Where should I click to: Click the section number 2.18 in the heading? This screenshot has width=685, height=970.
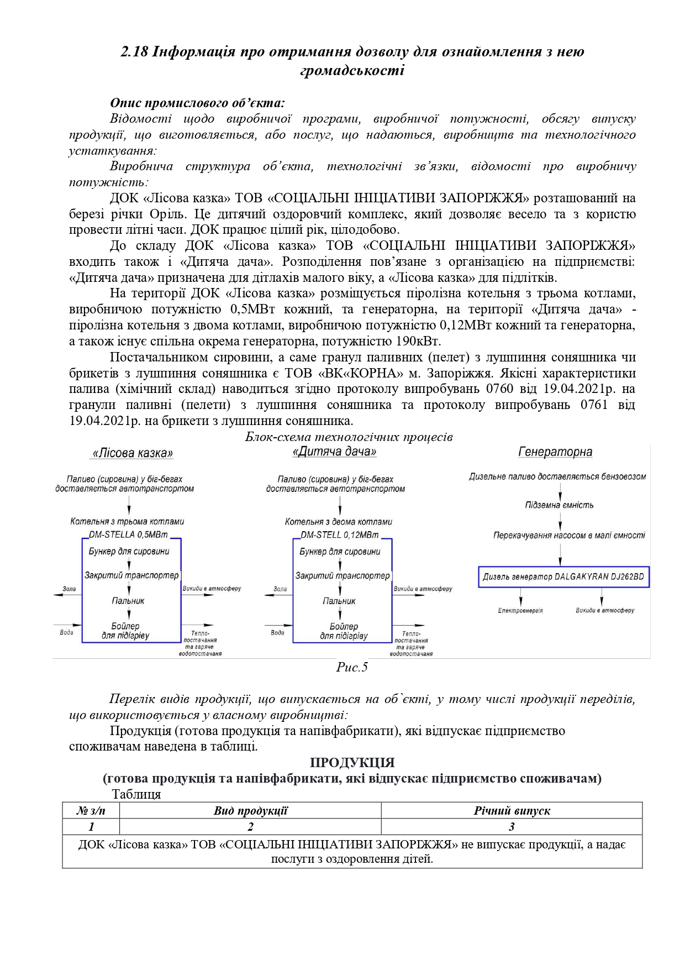pyautogui.click(x=134, y=52)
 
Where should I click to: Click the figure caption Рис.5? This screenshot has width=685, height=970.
pyautogui.click(x=352, y=667)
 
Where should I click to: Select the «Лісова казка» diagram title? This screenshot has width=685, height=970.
pyautogui.click(x=132, y=453)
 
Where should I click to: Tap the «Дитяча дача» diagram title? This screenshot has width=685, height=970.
pyautogui.click(x=334, y=452)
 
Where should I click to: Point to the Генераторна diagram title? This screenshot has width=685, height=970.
pyautogui.click(x=555, y=452)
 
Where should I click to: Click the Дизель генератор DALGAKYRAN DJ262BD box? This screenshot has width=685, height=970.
pyautogui.click(x=563, y=576)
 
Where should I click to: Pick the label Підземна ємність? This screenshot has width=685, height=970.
pyautogui.click(x=559, y=505)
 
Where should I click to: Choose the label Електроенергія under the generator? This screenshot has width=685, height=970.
pyautogui.click(x=520, y=611)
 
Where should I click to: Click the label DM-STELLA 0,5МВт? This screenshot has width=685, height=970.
pyautogui.click(x=128, y=534)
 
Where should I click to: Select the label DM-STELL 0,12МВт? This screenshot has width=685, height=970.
pyautogui.click(x=340, y=534)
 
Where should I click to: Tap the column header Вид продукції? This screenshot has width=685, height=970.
pyautogui.click(x=250, y=811)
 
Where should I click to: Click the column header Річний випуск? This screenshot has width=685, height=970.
pyautogui.click(x=512, y=811)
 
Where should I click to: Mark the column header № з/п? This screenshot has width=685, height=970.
pyautogui.click(x=91, y=811)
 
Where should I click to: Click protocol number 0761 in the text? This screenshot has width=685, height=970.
pyautogui.click(x=594, y=405)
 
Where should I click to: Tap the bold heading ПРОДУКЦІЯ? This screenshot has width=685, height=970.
pyautogui.click(x=352, y=763)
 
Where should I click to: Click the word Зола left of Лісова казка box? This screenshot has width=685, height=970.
pyautogui.click(x=69, y=589)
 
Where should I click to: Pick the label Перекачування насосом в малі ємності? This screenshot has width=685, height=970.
pyautogui.click(x=569, y=535)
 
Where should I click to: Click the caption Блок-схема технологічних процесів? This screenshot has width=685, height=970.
pyautogui.click(x=349, y=437)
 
